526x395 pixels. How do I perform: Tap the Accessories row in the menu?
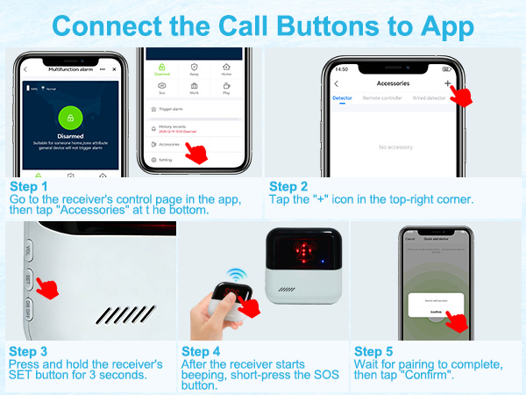click(170, 143)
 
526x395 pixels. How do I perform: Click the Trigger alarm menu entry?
click(172, 109)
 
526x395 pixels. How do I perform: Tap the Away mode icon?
click(194, 68)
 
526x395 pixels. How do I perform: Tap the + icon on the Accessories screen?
click(448, 83)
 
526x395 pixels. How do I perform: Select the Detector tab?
click(342, 97)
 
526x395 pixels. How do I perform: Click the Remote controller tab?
click(383, 97)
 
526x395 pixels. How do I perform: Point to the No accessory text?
click(395, 147)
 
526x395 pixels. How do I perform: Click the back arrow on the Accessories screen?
click(337, 83)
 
